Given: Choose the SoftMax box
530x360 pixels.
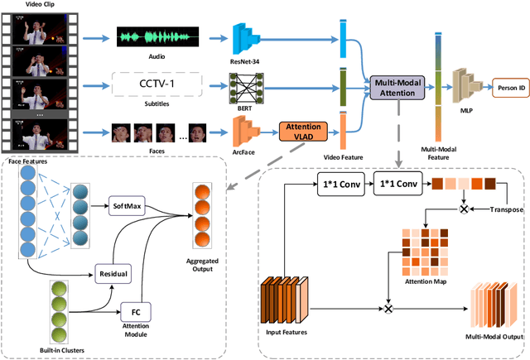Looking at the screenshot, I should point(126,204).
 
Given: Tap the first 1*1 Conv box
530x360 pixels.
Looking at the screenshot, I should point(339,185).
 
